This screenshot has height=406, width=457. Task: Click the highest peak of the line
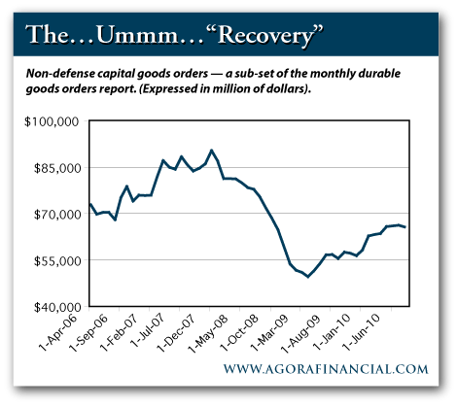(212, 151)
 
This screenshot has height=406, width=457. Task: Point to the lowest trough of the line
(308, 277)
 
